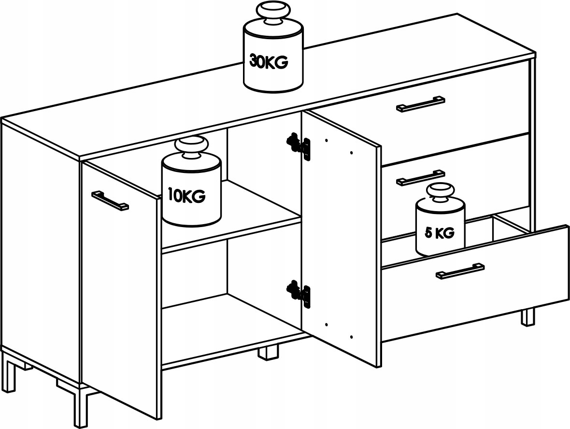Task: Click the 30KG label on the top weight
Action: point(268,62)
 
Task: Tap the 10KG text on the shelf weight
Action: point(186,196)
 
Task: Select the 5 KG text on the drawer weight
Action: point(440,233)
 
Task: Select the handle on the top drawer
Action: point(420,104)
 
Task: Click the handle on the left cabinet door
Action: point(110,200)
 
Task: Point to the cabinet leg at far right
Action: point(528,316)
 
